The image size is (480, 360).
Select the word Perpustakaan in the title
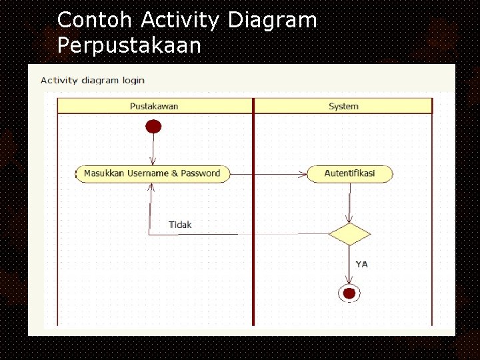(x=129, y=45)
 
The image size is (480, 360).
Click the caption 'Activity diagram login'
(x=93, y=80)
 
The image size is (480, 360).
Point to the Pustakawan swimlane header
(x=154, y=106)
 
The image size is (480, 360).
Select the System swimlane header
(x=343, y=106)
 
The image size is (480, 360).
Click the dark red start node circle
(x=154, y=126)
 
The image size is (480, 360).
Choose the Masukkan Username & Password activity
(x=153, y=173)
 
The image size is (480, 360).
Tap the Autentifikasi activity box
(x=349, y=173)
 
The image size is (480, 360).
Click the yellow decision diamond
(x=349, y=234)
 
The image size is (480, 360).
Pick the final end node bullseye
(x=349, y=293)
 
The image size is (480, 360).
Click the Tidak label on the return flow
(x=180, y=225)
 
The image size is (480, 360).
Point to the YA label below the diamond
(x=361, y=264)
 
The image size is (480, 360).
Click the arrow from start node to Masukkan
(x=154, y=149)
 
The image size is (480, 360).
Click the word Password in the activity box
(x=200, y=173)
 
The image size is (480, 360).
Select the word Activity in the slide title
(x=181, y=21)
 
